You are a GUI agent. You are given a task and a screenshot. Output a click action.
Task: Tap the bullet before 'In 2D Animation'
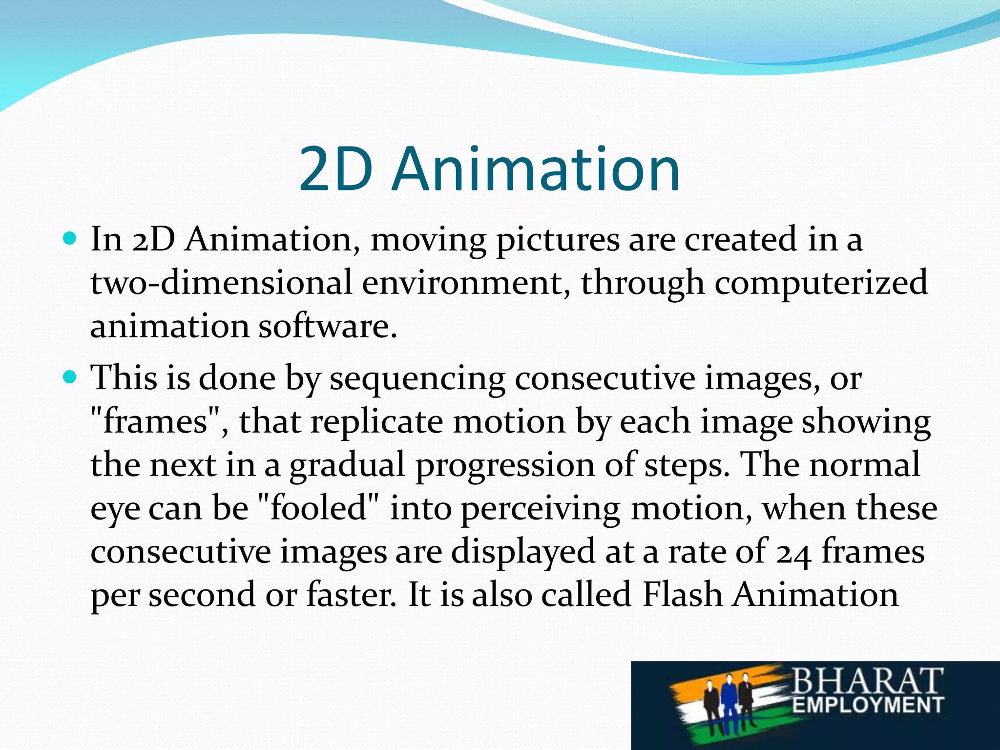[70, 239]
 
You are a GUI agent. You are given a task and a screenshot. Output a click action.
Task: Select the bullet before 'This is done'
[70, 377]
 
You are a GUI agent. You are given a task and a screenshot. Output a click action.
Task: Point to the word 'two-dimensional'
[221, 283]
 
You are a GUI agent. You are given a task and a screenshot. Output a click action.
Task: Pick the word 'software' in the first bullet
[327, 326]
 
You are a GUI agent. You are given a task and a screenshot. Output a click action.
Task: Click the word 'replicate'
[376, 422]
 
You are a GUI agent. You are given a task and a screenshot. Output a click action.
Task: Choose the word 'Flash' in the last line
[682, 595]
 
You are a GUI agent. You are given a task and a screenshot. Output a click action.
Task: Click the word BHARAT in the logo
[867, 681]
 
